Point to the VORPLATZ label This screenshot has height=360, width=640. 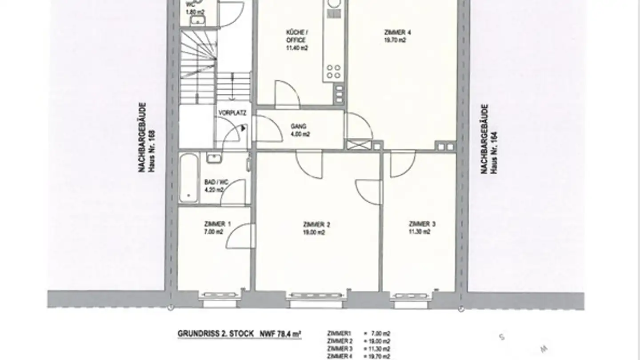pos(229,113)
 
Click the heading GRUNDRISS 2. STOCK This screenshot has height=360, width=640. pos(216,333)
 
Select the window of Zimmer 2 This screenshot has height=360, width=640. pos(316,295)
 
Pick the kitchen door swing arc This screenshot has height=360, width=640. pos(287,93)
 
